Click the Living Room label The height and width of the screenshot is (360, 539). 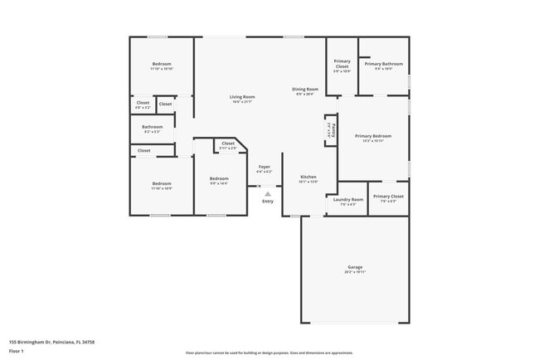coord(242,97)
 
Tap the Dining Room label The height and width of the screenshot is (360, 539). coord(305,89)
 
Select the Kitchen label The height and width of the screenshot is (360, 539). coord(308,178)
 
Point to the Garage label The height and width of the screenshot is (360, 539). coord(354,269)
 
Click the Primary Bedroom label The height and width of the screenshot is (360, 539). coord(372,136)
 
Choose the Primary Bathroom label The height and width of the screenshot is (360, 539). coord(389,64)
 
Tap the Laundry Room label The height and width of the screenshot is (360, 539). coord(348,199)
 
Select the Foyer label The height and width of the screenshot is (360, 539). coord(265,168)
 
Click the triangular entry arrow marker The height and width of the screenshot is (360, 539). coord(267,193)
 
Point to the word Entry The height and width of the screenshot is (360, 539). coord(267,202)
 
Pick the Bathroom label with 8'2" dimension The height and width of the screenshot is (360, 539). coord(153,127)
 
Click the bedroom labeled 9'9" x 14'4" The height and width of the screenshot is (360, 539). coord(219,179)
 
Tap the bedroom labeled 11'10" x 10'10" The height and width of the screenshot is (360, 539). coord(162,65)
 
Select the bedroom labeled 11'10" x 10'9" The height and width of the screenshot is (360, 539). coord(162,184)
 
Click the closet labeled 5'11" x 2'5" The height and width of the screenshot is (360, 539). coord(228,144)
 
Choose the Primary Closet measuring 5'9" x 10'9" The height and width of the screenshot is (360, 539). coord(342,64)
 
